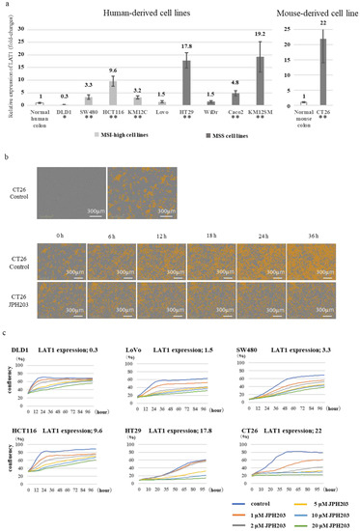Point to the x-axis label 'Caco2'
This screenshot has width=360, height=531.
tap(235, 111)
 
